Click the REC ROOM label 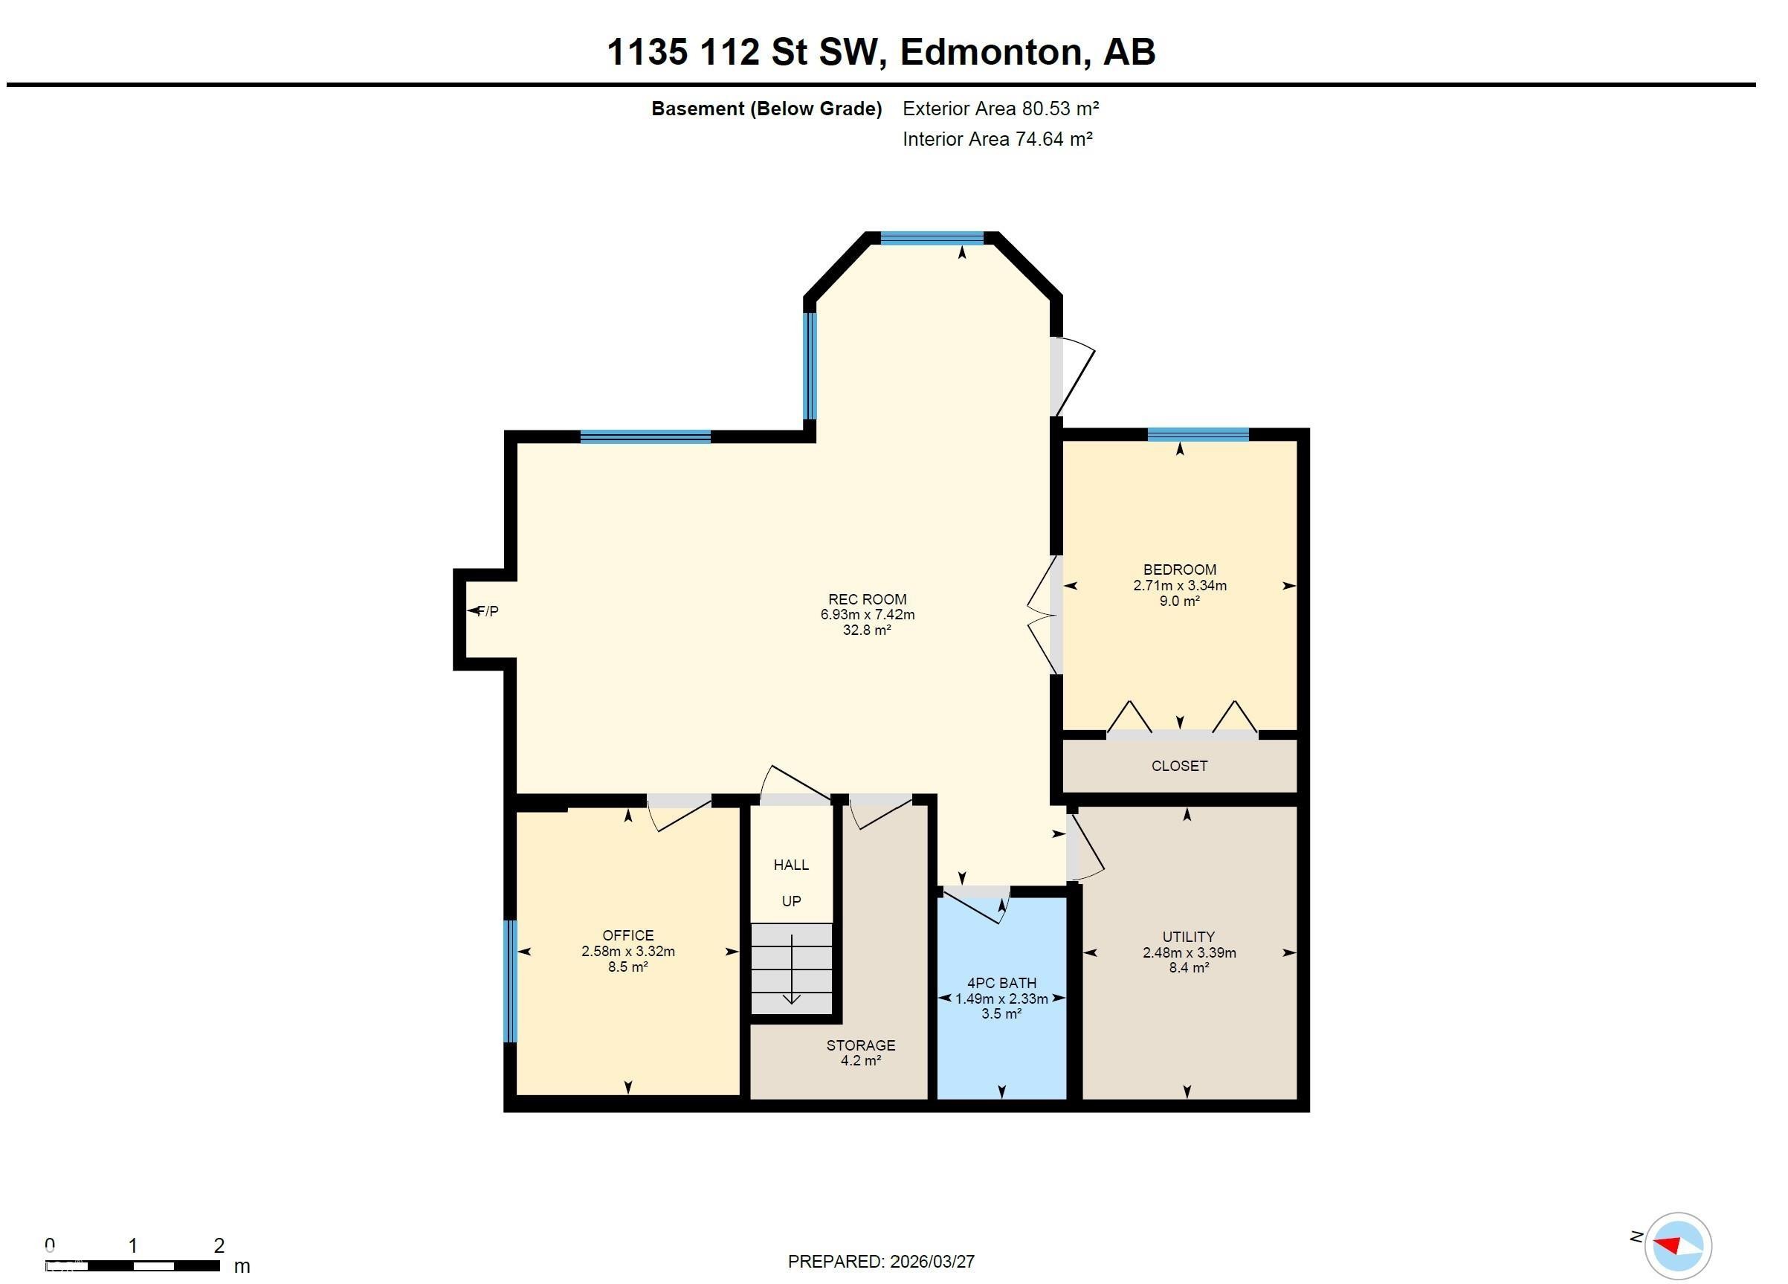click(866, 599)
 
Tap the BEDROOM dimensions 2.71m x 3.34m click(1179, 586)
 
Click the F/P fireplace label click(488, 611)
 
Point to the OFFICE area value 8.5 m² click(627, 967)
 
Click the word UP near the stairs click(791, 901)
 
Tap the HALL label click(791, 865)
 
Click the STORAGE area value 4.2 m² click(860, 1061)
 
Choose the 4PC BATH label click(1001, 983)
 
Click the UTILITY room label click(1188, 936)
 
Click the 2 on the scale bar click(219, 1245)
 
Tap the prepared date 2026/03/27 click(932, 1262)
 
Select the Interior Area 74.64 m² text click(996, 140)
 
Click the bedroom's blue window click(1198, 434)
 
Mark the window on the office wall click(510, 981)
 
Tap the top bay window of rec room click(932, 238)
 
